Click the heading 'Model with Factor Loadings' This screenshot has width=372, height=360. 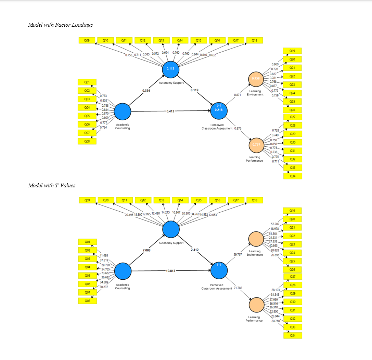click(60, 25)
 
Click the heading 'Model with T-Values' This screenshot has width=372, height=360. click(52, 185)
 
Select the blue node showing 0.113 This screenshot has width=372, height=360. click(170, 69)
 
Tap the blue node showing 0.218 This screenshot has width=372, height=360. click(219, 110)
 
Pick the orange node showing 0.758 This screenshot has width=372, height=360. click(256, 79)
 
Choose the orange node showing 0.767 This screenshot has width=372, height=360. click(256, 145)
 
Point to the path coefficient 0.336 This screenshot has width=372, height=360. click(146, 91)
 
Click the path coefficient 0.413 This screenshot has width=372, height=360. click(170, 111)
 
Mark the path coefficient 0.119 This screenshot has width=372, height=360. click(194, 90)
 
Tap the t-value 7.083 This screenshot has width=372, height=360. click(146, 250)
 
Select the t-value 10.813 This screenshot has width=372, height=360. click(170, 271)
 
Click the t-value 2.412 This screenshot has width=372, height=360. click(194, 250)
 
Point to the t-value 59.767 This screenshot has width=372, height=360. click(238, 254)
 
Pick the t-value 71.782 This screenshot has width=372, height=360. click(238, 288)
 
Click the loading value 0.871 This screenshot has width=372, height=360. click(238, 94)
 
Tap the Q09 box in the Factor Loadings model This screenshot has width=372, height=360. click(87, 40)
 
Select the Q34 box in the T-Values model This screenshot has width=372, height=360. click(293, 336)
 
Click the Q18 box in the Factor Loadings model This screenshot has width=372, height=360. click(254, 40)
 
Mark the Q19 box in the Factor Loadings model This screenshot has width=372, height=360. click(293, 51)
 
